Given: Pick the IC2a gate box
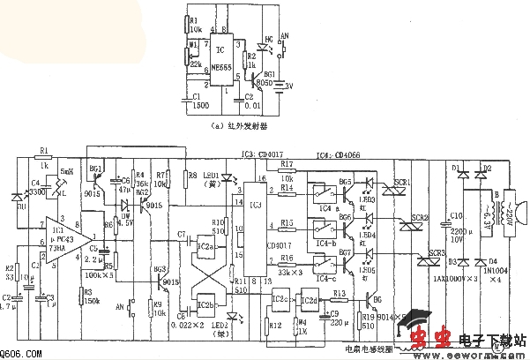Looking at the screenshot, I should point(206,245).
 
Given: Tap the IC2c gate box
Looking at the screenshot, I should point(281,299).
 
